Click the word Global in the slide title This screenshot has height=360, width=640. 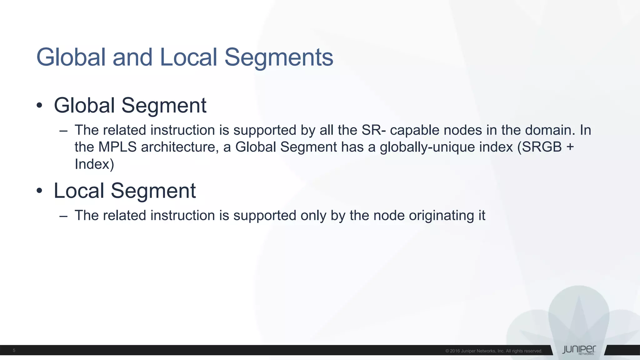tap(71, 57)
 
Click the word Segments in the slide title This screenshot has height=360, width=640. tap(279, 57)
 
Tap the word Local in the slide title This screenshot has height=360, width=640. tap(188, 57)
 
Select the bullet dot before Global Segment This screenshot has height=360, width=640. tap(39, 106)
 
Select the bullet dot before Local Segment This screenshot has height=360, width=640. tap(39, 191)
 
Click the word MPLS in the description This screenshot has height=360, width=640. tap(117, 147)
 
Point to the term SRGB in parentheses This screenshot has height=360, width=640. tap(542, 147)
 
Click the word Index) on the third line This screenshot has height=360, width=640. tap(94, 164)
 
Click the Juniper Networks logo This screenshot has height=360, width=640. tap(579, 350)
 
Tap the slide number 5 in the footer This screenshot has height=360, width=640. tap(14, 351)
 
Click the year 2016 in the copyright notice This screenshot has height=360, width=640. tap(455, 351)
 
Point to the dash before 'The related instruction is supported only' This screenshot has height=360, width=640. tap(63, 216)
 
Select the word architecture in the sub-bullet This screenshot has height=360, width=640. tap(180, 147)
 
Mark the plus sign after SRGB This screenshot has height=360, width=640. tap(570, 147)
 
